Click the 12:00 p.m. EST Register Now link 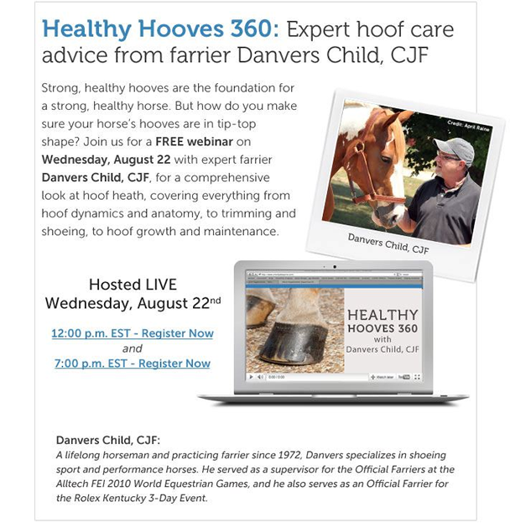133,333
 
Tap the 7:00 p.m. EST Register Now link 133,363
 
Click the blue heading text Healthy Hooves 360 160,29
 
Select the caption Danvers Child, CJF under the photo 388,243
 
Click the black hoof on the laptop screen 294,343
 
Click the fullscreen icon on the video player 417,377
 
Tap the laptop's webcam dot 335,267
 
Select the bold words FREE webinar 195,142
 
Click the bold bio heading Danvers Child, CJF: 108,440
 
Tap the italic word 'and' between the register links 133,348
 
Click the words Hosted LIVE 133,285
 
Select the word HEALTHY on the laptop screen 382,315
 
